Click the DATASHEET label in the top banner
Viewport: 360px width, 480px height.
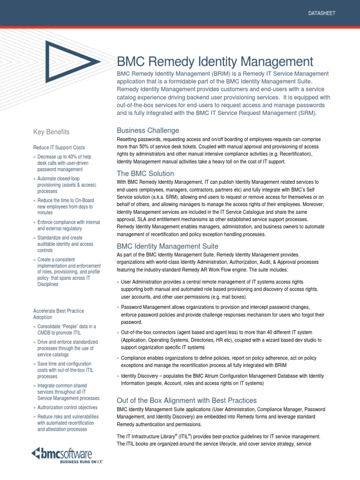tap(322, 13)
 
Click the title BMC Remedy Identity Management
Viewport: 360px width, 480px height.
tap(214, 61)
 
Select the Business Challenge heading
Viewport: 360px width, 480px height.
tap(148, 130)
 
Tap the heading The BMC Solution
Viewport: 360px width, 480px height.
tap(145, 173)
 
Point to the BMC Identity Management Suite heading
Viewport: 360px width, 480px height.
tap(167, 246)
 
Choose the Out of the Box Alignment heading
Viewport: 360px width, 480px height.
tap(187, 400)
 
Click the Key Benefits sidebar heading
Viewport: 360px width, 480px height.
tap(51, 132)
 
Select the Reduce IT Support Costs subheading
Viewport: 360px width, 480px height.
tap(59, 148)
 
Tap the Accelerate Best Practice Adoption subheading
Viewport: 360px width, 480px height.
tap(58, 314)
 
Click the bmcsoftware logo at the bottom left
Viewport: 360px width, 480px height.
tap(61, 453)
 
